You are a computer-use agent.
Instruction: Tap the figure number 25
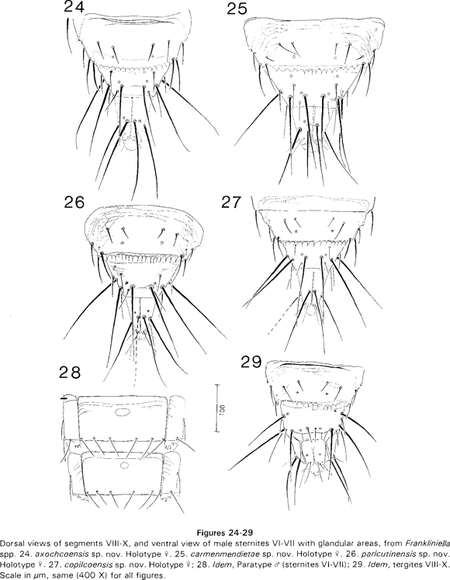237,9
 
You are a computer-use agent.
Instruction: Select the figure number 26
74,203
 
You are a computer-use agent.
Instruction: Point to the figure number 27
232,203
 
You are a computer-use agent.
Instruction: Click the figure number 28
70,373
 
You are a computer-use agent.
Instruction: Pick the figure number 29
252,362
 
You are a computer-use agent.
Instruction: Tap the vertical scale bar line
216,408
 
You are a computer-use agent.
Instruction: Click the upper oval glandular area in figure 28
122,413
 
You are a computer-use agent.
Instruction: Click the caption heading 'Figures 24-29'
225,533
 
